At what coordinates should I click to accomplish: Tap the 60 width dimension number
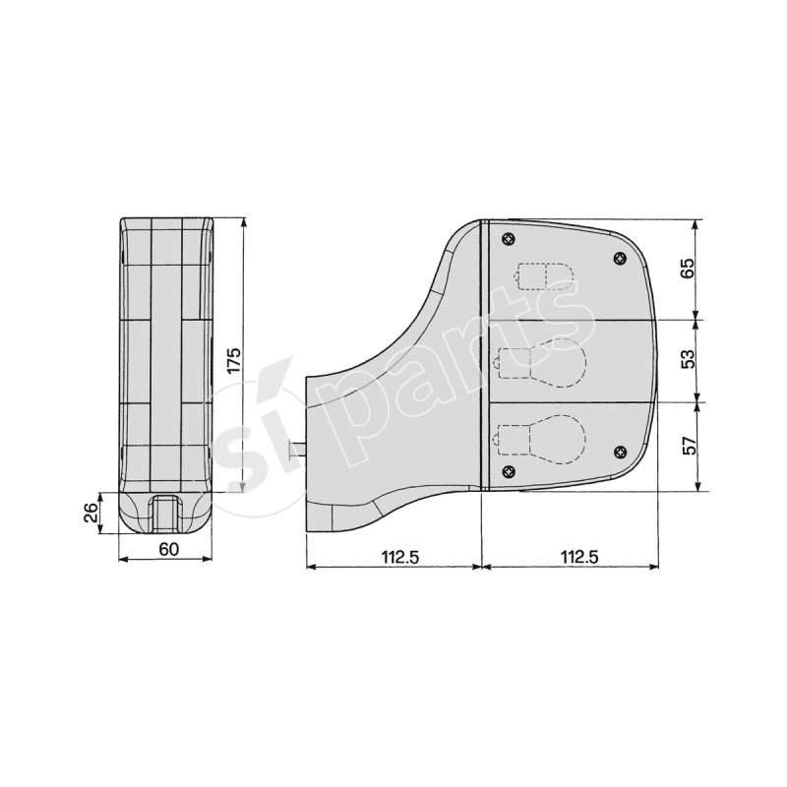click(x=167, y=549)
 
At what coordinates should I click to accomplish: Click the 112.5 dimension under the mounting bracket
click(x=394, y=557)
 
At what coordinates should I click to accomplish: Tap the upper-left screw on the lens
click(x=508, y=239)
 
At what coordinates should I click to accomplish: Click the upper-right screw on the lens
click(x=619, y=258)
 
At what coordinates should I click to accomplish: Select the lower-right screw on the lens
click(x=619, y=451)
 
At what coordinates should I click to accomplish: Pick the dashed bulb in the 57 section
click(x=541, y=437)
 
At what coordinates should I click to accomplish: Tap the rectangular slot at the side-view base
click(x=165, y=514)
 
